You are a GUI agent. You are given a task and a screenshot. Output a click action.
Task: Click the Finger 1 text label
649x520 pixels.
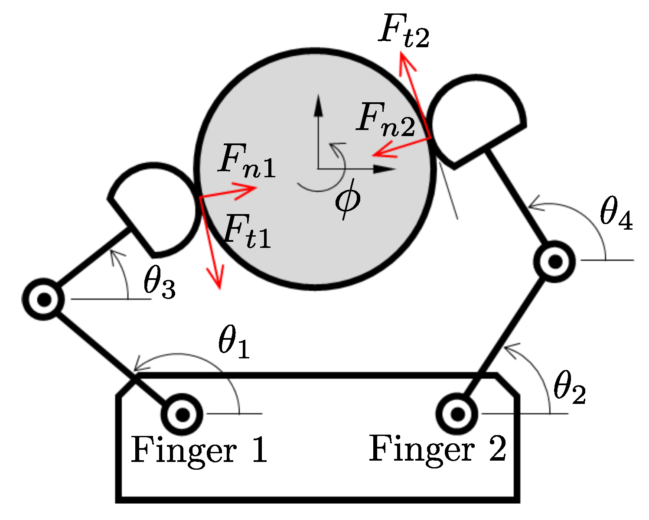point(199,451)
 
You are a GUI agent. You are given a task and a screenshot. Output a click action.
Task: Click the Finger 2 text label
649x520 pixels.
point(437,449)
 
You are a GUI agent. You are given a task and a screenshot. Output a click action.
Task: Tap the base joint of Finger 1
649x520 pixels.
point(182,415)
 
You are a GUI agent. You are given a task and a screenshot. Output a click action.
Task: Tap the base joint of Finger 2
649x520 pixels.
point(457,414)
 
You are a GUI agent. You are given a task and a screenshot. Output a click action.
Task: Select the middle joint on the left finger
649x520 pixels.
point(43,299)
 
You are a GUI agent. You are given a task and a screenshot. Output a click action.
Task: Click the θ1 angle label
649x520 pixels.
point(234,344)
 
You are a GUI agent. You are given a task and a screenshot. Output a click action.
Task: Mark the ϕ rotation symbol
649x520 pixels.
point(347,200)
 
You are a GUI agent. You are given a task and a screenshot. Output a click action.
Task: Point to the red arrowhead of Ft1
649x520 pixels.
point(217,279)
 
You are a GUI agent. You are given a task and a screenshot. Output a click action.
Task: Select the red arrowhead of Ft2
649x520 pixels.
point(405,61)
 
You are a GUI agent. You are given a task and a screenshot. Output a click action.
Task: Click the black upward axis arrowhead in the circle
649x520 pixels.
point(318,104)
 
